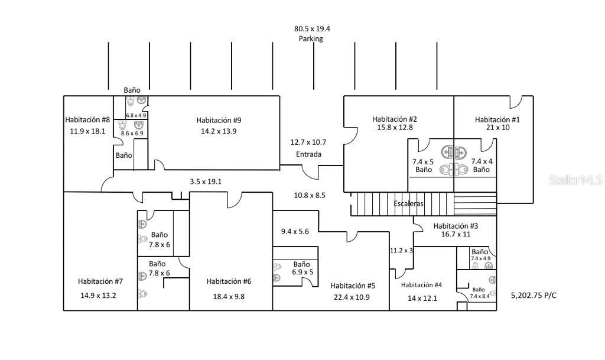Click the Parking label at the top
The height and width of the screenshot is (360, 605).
click(310, 38)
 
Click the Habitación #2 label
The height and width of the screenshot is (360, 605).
click(395, 119)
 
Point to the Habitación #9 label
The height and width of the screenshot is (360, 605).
click(219, 121)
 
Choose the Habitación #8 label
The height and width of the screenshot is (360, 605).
click(87, 120)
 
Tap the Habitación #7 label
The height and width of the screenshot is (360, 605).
click(100, 281)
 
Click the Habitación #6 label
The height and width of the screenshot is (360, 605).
click(229, 281)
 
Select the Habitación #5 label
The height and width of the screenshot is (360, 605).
click(353, 286)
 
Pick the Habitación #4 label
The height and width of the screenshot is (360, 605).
click(421, 285)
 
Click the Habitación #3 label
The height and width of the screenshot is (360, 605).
click(456, 225)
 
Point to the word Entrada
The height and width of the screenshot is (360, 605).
click(308, 154)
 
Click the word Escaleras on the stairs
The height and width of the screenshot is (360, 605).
click(409, 204)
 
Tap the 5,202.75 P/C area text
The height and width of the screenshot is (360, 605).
click(534, 295)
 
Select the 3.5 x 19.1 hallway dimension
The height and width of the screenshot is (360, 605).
click(206, 181)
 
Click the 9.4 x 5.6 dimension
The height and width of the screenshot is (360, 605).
click(295, 231)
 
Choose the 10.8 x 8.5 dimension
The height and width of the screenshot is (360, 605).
click(310, 194)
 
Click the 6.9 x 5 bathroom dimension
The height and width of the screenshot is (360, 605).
click(302, 272)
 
